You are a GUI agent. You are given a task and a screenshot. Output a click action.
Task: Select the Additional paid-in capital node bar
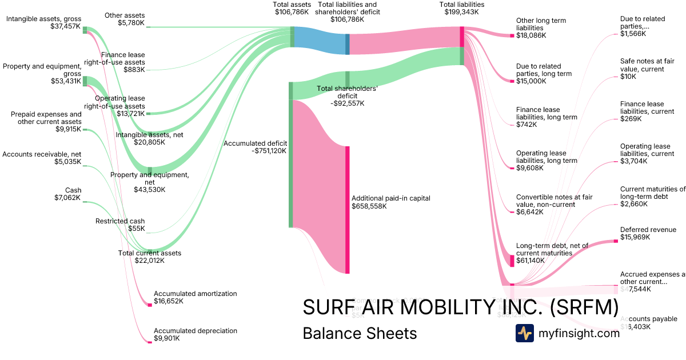click(347, 210)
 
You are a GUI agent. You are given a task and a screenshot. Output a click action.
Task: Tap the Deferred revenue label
click(648, 230)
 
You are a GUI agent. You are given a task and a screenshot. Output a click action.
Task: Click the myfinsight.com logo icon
click(524, 333)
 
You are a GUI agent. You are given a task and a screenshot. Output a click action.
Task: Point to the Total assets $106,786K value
click(293, 11)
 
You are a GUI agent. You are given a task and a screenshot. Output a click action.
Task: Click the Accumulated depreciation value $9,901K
click(166, 338)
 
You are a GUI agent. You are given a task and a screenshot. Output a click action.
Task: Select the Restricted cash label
click(120, 221)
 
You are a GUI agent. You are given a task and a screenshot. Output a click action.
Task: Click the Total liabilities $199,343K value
click(462, 11)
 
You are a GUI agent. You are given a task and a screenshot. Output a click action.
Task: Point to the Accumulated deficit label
click(255, 143)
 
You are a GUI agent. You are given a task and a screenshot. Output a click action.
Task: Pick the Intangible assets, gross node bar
click(85, 30)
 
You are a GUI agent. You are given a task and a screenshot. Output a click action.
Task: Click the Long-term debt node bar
click(512, 261)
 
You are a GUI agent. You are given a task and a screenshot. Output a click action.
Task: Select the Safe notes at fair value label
click(642, 65)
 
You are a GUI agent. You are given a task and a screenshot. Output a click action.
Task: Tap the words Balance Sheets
click(360, 333)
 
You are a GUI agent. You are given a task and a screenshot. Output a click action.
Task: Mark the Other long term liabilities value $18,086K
click(531, 35)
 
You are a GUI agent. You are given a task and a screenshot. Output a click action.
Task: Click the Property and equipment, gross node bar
click(85, 81)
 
